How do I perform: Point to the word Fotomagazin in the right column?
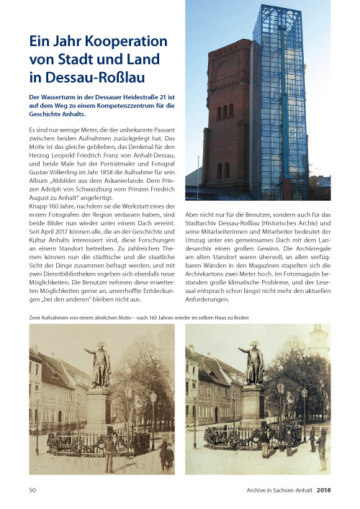[x=297, y=268]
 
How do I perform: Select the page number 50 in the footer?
[x=32, y=490]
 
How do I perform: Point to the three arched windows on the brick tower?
[x=224, y=112]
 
